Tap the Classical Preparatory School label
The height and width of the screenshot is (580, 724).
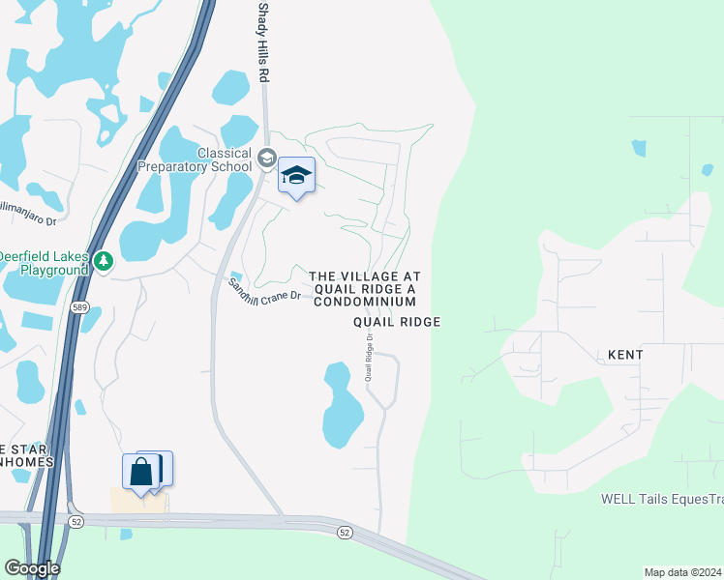pos(225,159)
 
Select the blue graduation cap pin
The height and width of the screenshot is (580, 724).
pos(297,176)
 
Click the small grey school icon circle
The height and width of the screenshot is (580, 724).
pos(268,158)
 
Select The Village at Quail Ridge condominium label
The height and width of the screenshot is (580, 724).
pos(364,289)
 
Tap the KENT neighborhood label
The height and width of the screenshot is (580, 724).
pos(625,355)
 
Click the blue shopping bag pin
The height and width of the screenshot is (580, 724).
pos(141,472)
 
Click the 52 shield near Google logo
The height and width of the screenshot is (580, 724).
pos(75,522)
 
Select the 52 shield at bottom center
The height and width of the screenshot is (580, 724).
pos(345,532)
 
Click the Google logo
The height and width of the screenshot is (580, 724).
pos(31,568)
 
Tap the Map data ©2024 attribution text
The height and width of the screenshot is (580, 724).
pos(682,572)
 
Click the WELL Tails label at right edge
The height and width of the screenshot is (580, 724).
pos(662,499)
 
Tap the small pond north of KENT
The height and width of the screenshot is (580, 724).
pos(639,148)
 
